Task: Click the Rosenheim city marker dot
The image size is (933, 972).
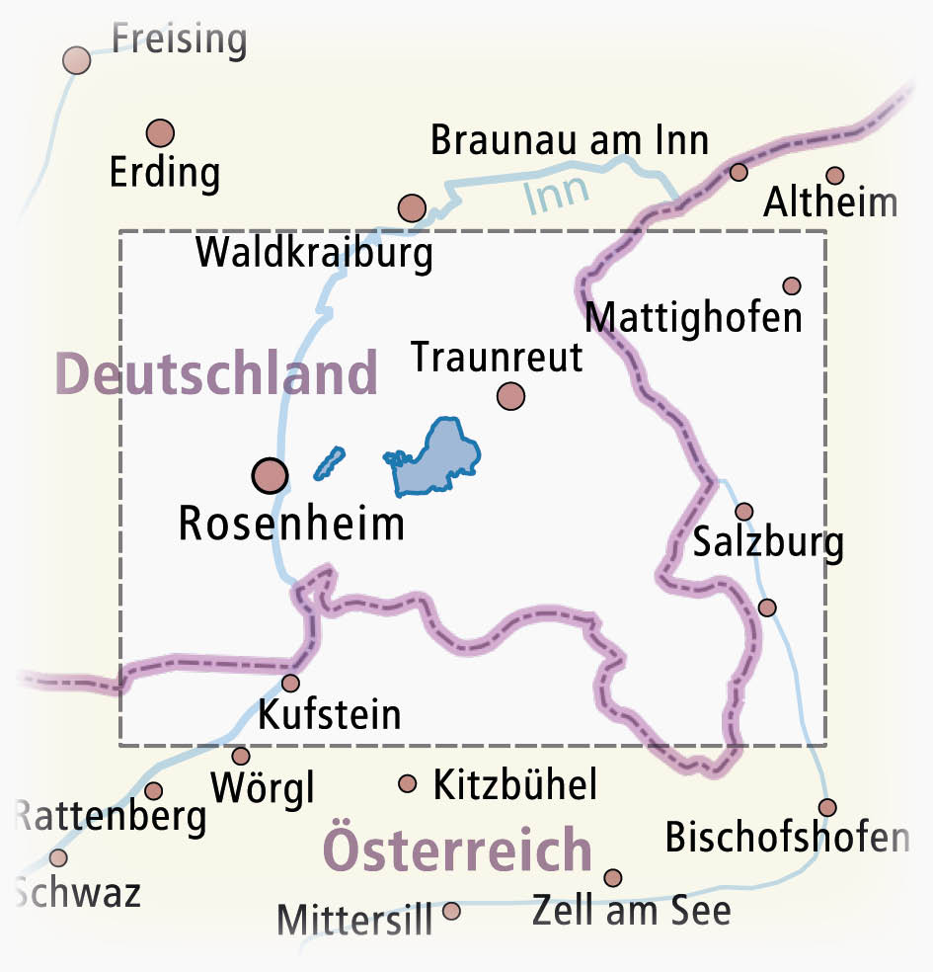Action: point(270,476)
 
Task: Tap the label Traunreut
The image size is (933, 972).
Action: point(497,357)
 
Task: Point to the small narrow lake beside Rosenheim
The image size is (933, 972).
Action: point(330,462)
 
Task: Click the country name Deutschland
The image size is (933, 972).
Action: point(217,374)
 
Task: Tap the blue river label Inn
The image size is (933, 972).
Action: point(556,193)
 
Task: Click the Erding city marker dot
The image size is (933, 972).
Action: point(160,132)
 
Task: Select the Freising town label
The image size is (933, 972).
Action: point(179,40)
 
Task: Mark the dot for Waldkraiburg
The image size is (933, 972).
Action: point(412,207)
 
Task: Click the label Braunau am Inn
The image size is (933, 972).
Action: point(570,141)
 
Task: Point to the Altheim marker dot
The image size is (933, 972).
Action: point(835,176)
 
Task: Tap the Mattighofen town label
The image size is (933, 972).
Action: point(693,318)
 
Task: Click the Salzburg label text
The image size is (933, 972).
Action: point(768,542)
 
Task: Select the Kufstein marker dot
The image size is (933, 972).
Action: point(290,683)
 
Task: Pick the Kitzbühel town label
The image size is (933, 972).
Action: point(515,785)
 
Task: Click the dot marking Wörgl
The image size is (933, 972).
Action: point(240,756)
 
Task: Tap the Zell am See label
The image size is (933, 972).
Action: point(631,910)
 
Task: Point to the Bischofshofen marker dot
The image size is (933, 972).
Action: point(827,807)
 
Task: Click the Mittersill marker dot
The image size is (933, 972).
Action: point(451,911)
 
